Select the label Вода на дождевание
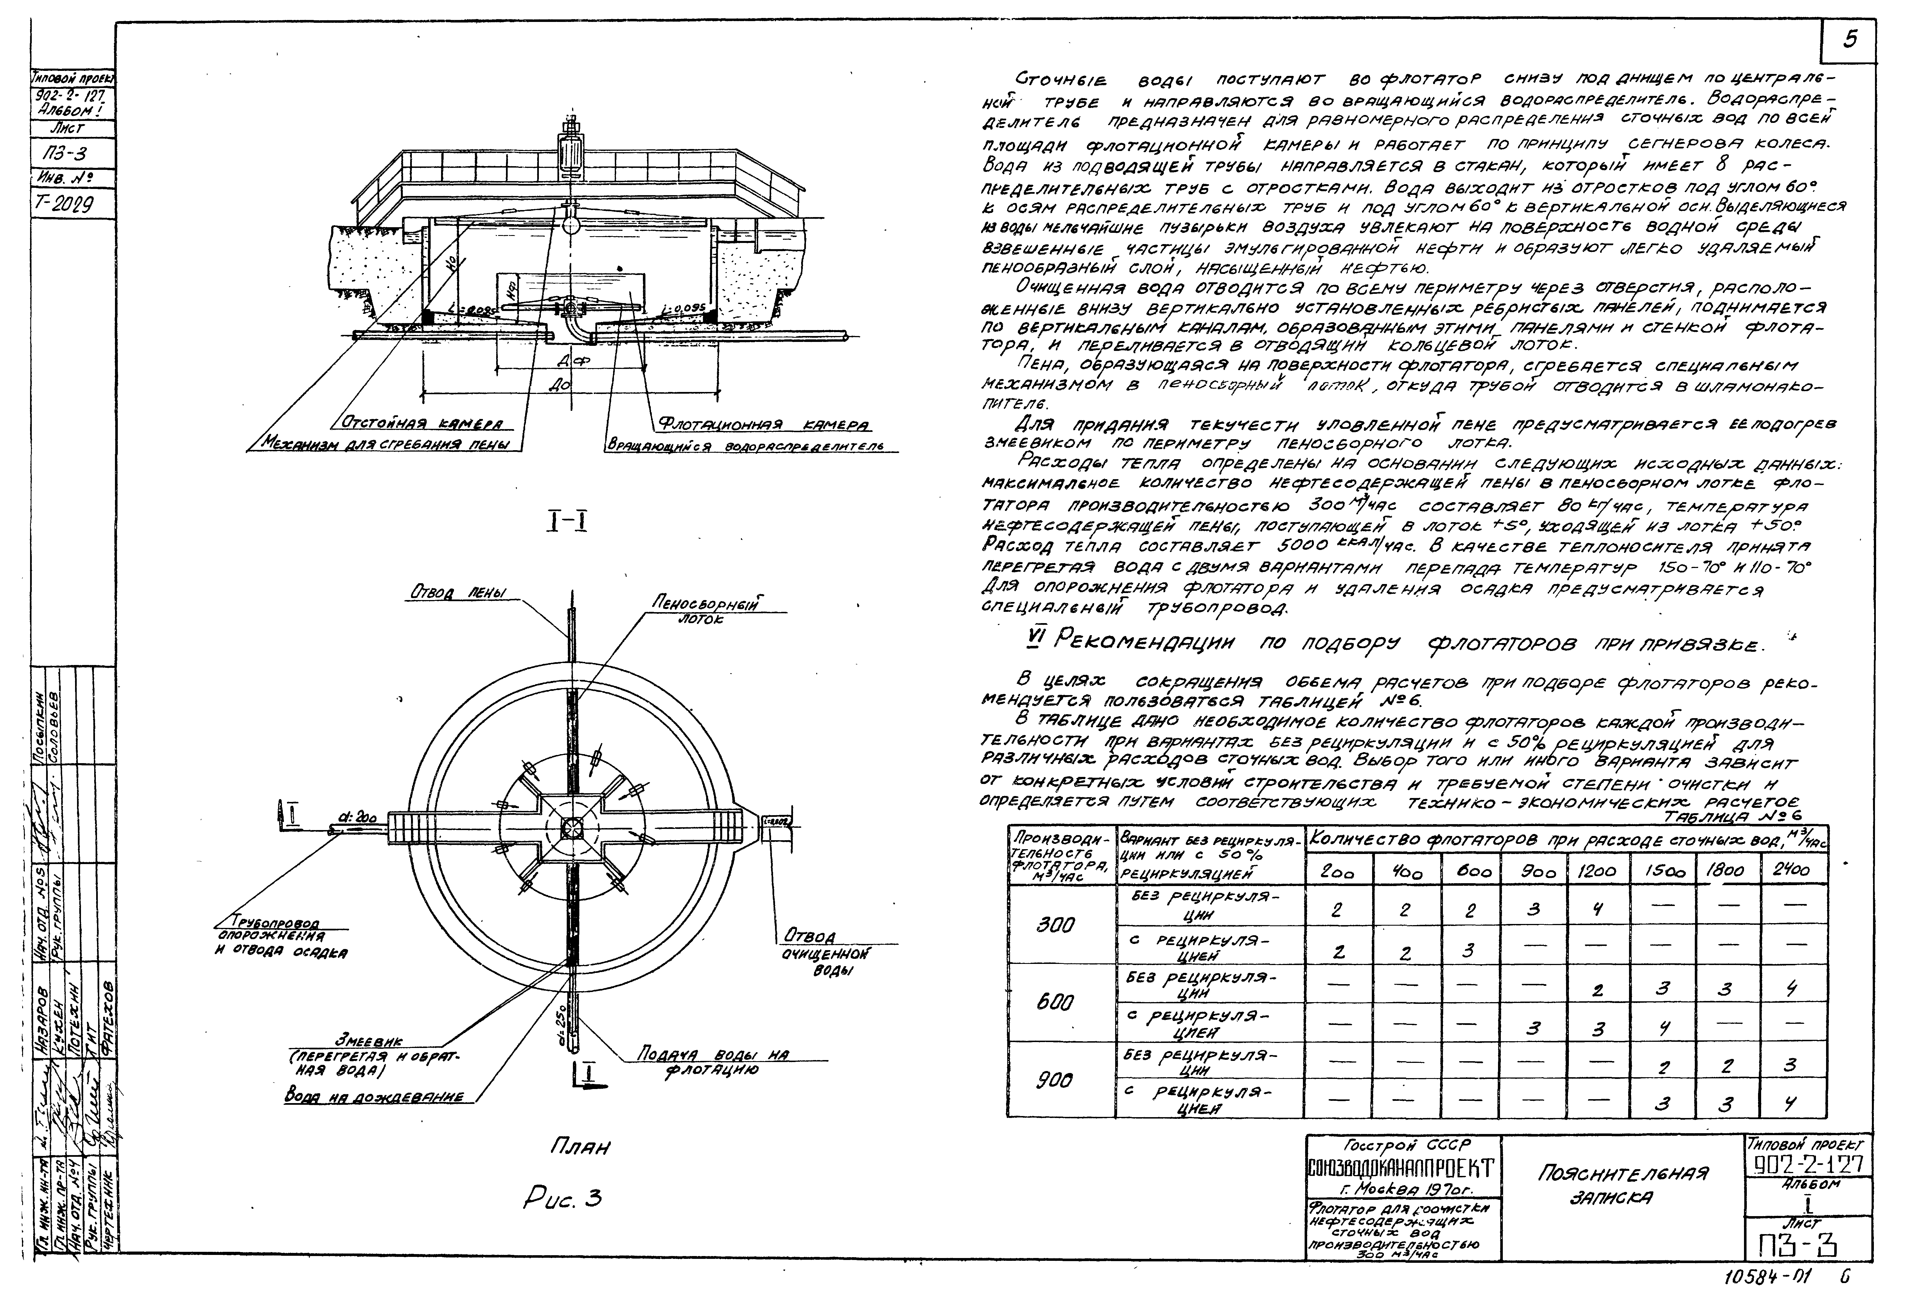pyautogui.click(x=374, y=1097)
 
